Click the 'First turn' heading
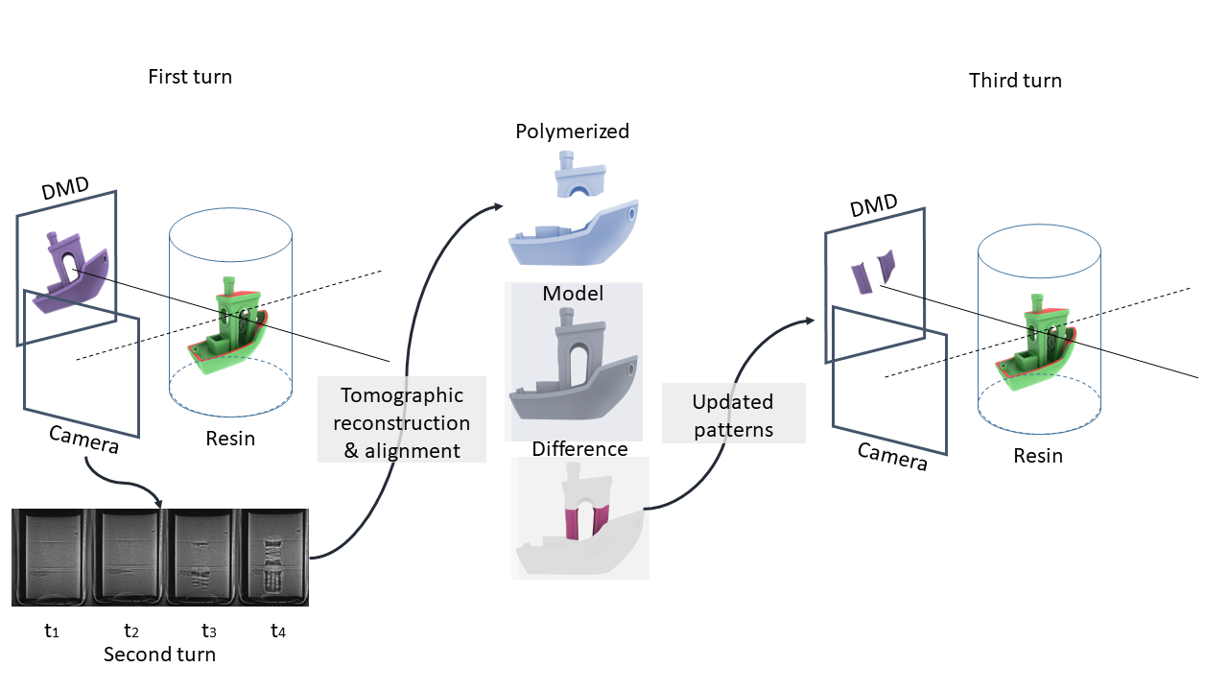click(190, 77)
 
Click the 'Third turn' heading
click(1015, 81)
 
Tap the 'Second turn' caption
click(159, 655)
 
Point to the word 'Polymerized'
click(572, 131)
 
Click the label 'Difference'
click(579, 449)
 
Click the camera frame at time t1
click(52, 557)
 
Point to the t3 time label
click(208, 631)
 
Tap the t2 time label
click(131, 631)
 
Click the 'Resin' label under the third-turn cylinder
click(1038, 456)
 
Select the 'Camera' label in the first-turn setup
click(84, 441)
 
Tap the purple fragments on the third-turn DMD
click(873, 271)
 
